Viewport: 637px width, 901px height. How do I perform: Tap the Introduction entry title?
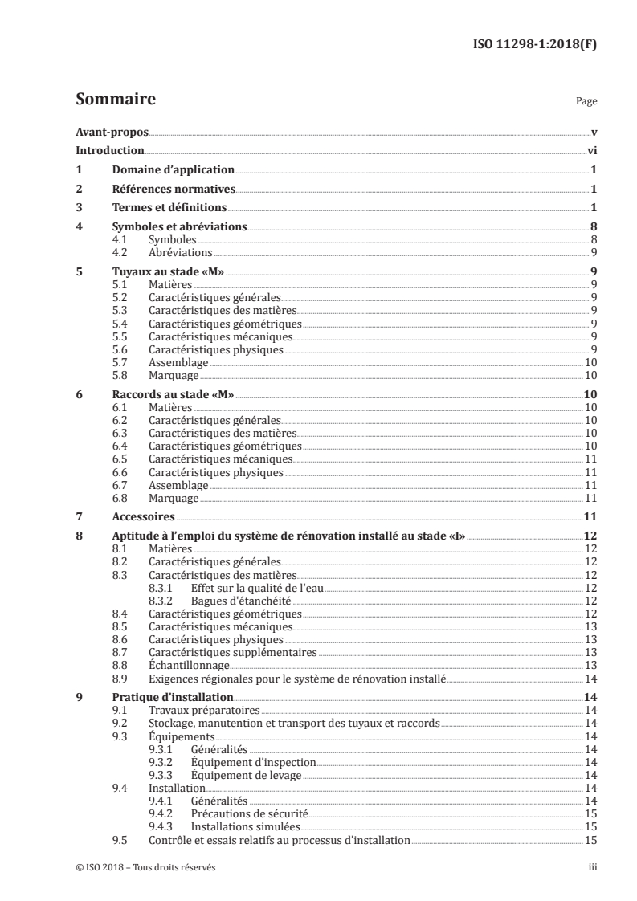tap(110, 150)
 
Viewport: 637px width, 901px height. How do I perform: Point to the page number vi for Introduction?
tap(590, 150)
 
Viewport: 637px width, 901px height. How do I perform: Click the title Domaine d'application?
tap(173, 169)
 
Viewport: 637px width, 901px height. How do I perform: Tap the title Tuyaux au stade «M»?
tap(165, 271)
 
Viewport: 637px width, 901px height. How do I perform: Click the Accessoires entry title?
tap(143, 518)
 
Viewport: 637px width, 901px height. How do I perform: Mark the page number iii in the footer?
tap(593, 868)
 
